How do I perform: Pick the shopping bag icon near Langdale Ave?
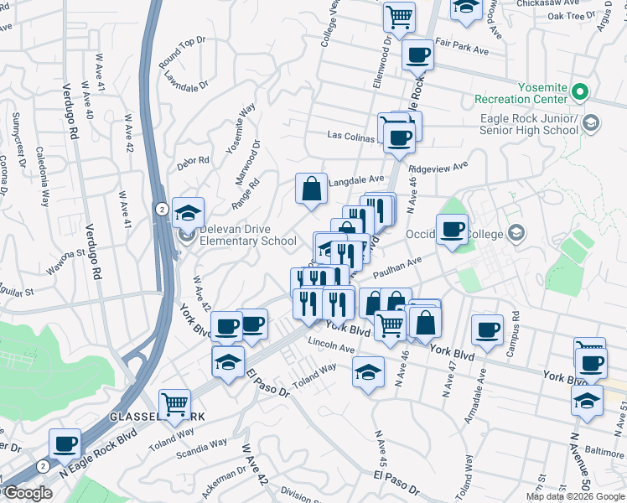[311, 189]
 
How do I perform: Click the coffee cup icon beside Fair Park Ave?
[417, 55]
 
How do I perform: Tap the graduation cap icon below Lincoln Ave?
[367, 372]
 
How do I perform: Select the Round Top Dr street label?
[182, 52]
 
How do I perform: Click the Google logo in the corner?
[28, 493]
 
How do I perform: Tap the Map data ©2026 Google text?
[575, 496]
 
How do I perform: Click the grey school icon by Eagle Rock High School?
[590, 124]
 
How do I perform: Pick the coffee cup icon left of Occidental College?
[452, 230]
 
